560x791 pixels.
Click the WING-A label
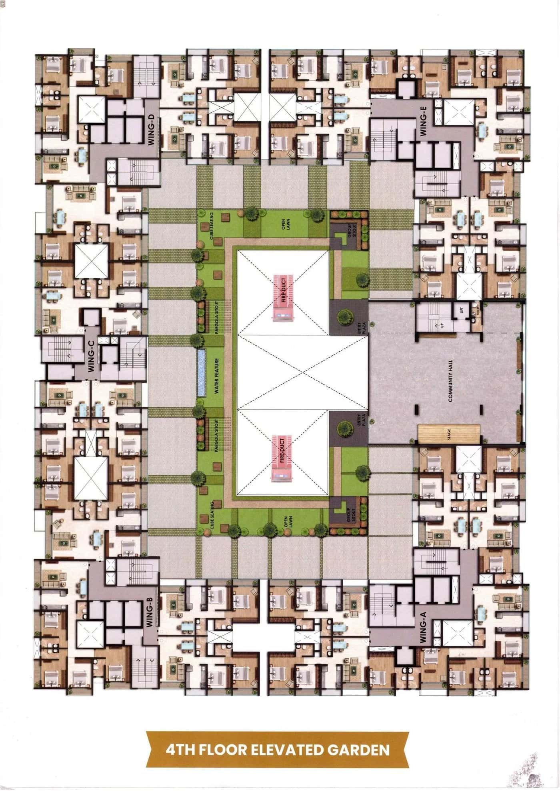pyautogui.click(x=424, y=628)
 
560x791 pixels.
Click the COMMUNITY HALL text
pyautogui.click(x=450, y=381)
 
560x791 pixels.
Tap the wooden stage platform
pyautogui.click(x=449, y=434)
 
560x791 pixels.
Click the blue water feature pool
pyautogui.click(x=201, y=373)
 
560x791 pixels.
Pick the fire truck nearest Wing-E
pyautogui.click(x=283, y=297)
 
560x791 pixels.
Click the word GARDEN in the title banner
pyautogui.click(x=358, y=749)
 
